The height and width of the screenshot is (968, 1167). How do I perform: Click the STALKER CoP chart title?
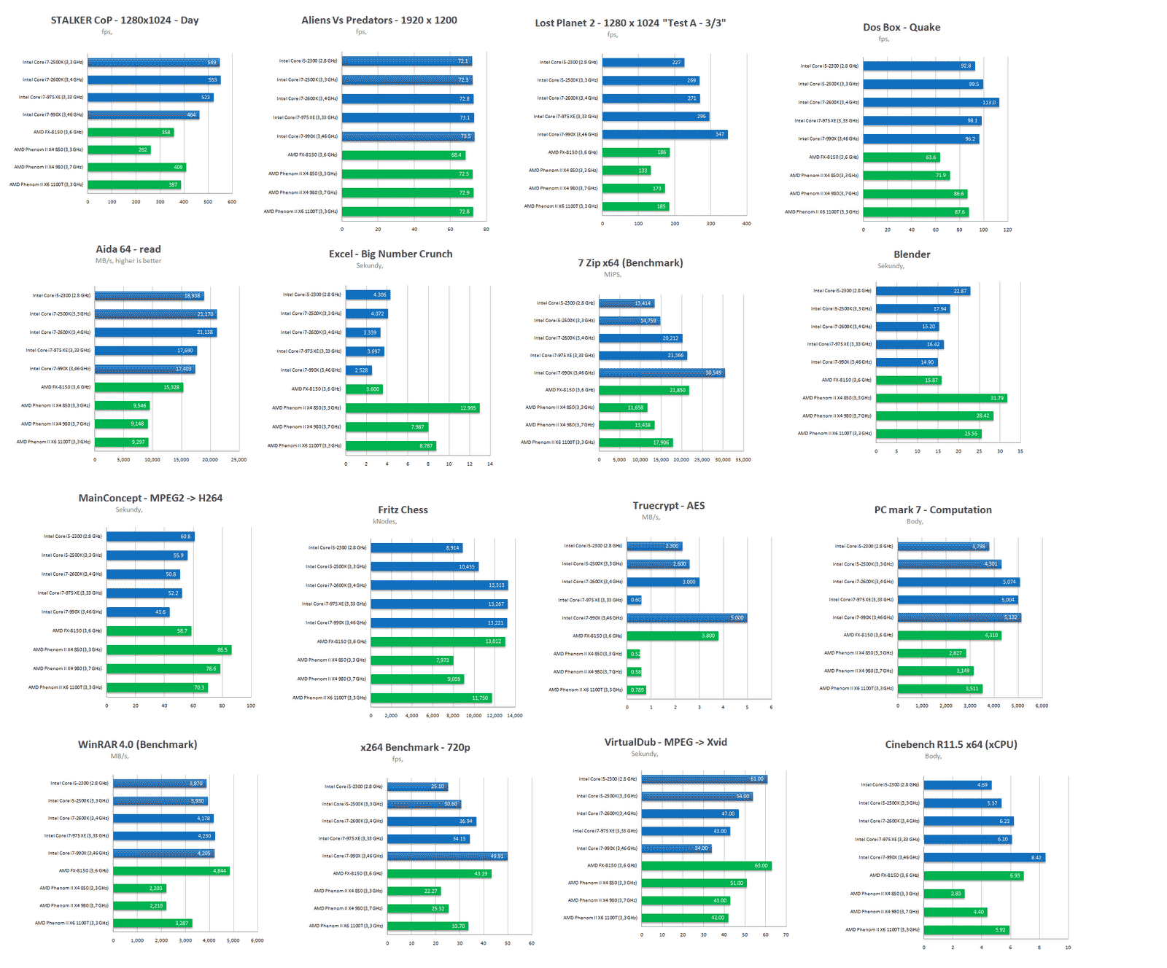pos(125,20)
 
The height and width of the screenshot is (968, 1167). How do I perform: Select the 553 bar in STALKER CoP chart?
pos(154,80)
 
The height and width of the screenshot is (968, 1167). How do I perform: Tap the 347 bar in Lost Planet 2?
pos(664,134)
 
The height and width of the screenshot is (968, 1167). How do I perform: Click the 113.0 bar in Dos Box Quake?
pos(930,103)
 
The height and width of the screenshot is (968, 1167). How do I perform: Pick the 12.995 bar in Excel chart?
pos(412,408)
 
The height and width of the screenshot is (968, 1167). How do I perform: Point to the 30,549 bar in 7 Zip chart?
pos(662,373)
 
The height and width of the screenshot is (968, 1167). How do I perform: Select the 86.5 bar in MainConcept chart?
pos(168,649)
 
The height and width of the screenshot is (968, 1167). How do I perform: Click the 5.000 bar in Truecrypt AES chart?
pos(686,618)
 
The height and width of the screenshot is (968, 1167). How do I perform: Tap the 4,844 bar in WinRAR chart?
pos(171,871)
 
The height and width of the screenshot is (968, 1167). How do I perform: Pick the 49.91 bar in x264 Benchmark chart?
pos(446,856)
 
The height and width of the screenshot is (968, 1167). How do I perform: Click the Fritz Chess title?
pos(403,510)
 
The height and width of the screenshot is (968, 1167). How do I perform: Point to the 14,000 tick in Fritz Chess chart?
pos(515,716)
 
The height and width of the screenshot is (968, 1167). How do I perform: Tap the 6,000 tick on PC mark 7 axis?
pos(1042,706)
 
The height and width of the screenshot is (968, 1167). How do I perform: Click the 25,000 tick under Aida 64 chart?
pos(239,460)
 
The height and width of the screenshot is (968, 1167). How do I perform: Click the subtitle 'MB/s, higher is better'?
pos(128,261)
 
